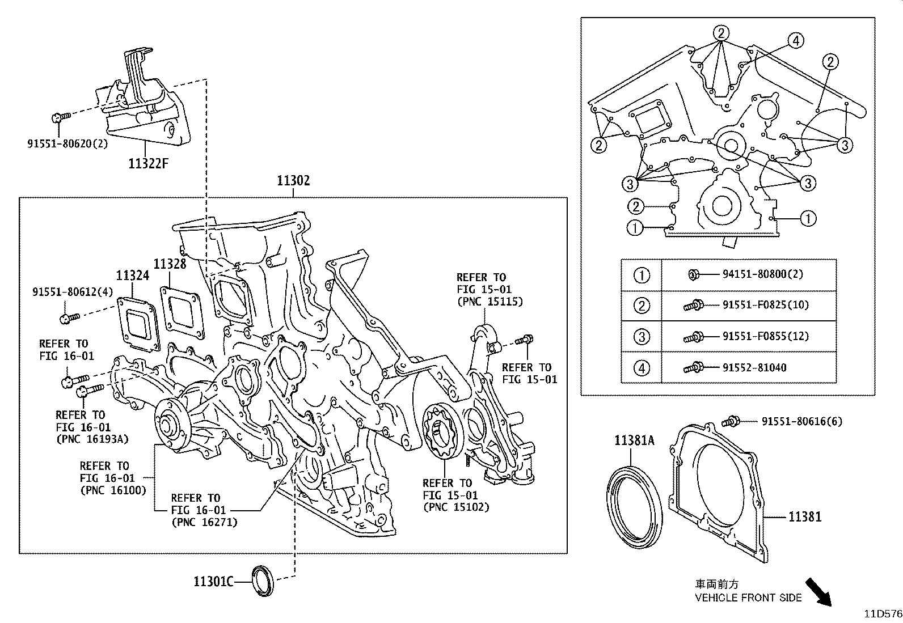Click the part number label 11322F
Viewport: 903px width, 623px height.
pos(149,164)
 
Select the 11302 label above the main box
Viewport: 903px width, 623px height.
pos(293,181)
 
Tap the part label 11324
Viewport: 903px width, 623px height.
pos(133,276)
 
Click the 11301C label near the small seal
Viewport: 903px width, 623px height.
pos(214,582)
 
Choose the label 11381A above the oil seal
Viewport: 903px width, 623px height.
pos(634,439)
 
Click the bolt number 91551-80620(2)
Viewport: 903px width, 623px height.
pos(67,143)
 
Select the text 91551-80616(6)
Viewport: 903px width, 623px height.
pos(801,421)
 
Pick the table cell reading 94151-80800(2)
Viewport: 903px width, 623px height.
pos(762,274)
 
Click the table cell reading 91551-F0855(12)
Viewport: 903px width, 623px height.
pos(765,336)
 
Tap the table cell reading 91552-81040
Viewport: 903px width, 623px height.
pos(754,367)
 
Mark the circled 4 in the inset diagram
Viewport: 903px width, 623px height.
pos(796,40)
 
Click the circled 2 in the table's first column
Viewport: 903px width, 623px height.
pos(642,306)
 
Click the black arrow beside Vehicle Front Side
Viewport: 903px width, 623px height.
pos(819,592)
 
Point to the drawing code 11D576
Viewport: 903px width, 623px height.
pos(883,613)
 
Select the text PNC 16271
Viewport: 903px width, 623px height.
pos(204,522)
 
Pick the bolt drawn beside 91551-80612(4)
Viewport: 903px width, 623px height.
pos(69,319)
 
